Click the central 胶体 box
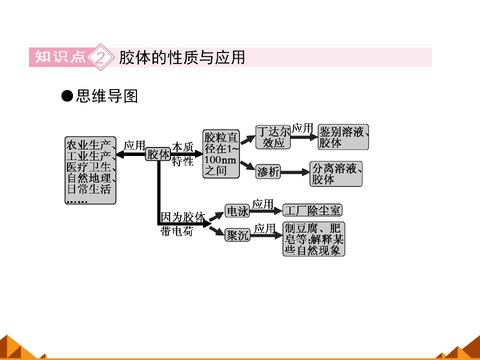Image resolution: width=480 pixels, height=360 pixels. (158, 154)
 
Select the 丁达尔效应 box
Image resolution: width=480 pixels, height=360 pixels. (273, 137)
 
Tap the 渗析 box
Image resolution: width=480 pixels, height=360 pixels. (268, 171)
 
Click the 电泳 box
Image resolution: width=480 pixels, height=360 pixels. (237, 210)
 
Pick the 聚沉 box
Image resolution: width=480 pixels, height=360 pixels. (237, 235)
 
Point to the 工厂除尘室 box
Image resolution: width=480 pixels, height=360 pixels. (312, 210)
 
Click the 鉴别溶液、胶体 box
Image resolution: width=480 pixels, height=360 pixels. (343, 137)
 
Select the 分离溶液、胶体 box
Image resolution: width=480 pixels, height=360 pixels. (336, 174)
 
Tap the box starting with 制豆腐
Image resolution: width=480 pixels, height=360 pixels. (314, 239)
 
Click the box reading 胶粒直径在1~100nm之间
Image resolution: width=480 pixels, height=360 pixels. (220, 153)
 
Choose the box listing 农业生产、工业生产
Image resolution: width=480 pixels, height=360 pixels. (90, 170)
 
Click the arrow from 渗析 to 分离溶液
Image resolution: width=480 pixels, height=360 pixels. (295, 172)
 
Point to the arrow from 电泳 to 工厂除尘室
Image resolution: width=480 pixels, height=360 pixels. (266, 210)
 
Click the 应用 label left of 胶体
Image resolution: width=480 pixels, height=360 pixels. (134, 145)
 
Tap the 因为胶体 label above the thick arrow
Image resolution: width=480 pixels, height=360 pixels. (183, 217)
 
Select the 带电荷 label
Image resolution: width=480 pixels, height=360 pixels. (177, 231)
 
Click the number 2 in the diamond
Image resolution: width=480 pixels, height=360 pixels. (100, 57)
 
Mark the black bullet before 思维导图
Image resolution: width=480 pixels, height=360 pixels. (67, 96)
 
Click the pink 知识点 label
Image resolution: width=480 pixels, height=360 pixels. (60, 57)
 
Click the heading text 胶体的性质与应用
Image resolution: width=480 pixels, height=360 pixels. (182, 57)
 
